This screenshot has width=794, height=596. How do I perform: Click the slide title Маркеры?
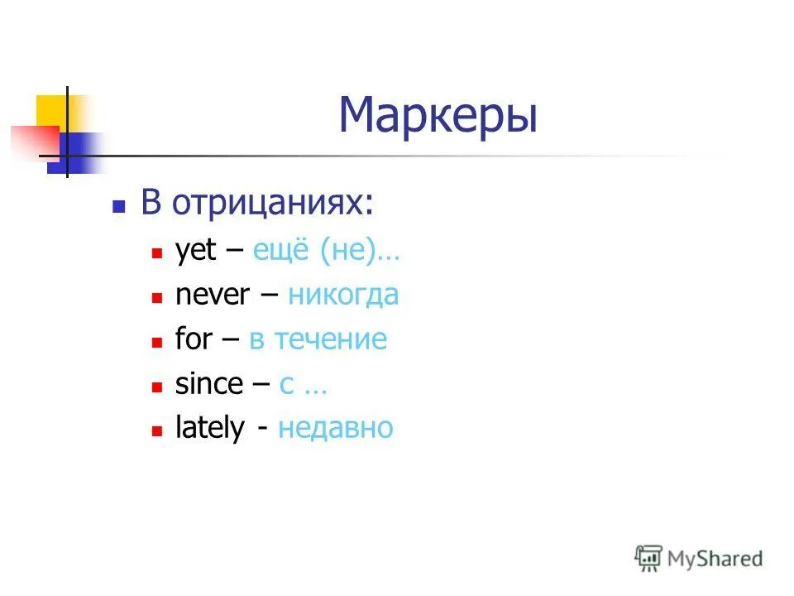tap(438, 115)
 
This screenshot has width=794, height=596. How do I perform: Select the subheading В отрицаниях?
tap(256, 203)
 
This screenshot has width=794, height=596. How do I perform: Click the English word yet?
tap(195, 252)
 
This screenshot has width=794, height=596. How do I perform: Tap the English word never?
tap(212, 295)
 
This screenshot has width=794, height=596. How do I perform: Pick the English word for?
tap(194, 339)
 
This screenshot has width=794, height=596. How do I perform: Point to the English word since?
tap(209, 383)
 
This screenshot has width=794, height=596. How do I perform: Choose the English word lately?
tap(210, 428)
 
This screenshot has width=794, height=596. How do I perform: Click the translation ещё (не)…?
tap(326, 251)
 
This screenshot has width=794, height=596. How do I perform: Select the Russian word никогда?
tap(343, 295)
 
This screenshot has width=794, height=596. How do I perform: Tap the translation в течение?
tap(318, 339)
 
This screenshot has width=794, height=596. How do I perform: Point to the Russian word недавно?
tap(336, 428)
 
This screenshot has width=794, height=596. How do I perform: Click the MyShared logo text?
tap(715, 559)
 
